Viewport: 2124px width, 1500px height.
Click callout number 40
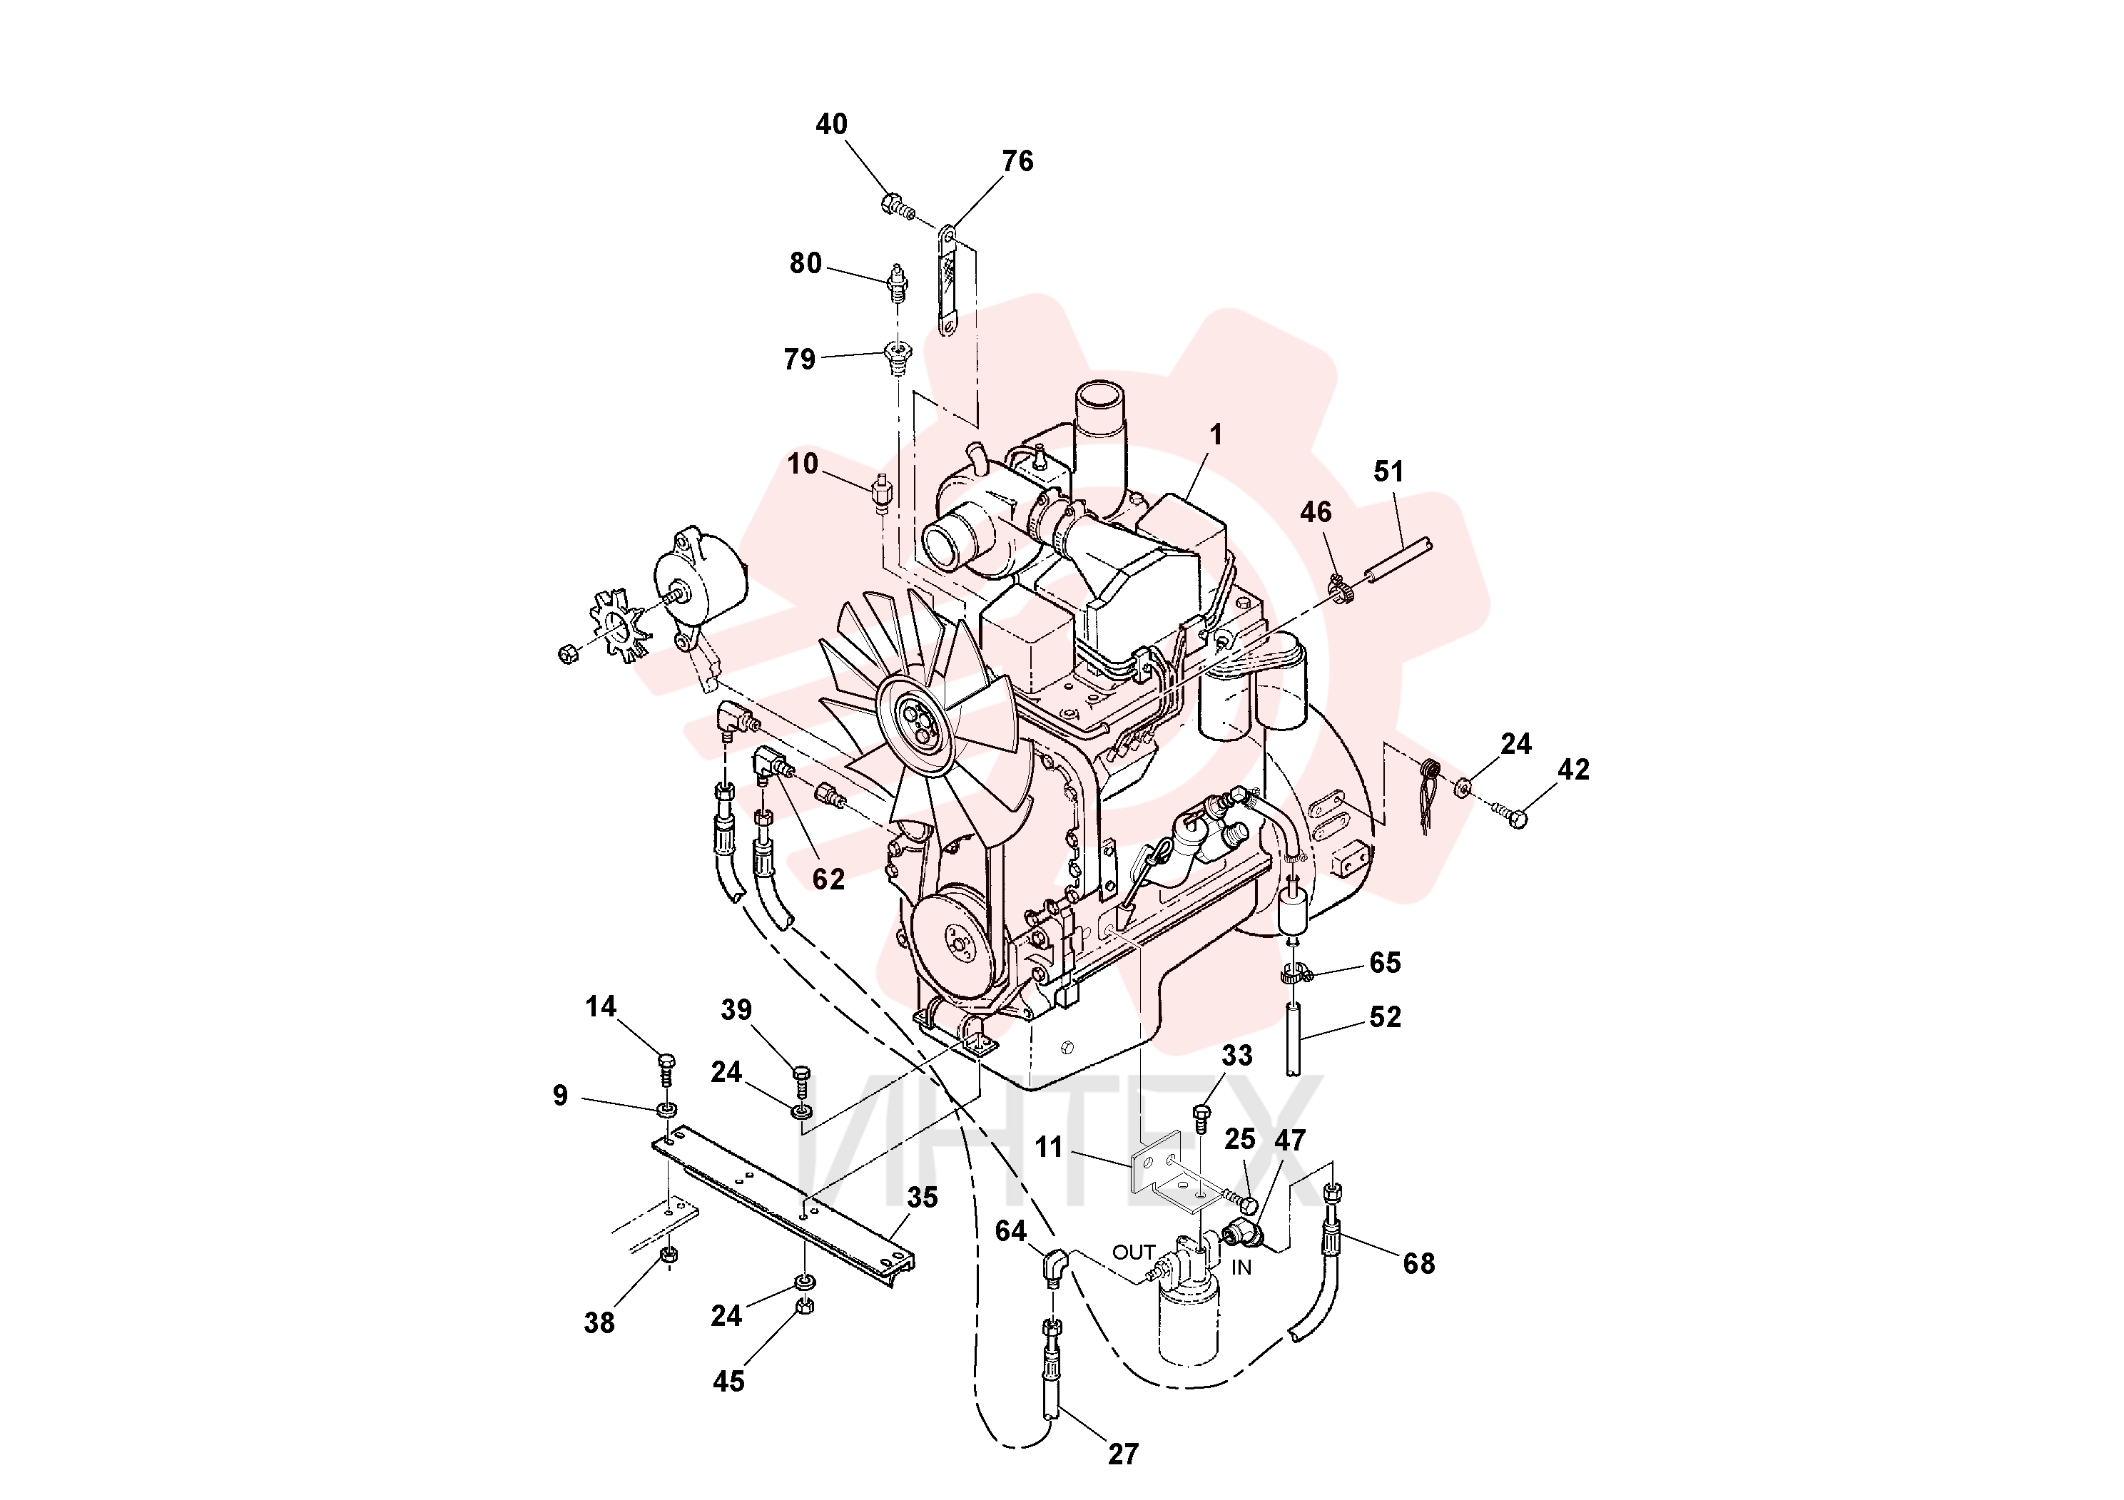click(830, 124)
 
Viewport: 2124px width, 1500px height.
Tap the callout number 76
click(1017, 161)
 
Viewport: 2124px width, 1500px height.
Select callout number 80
click(805, 264)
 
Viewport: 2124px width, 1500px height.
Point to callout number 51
click(1388, 471)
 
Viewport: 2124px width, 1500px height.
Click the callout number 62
click(828, 879)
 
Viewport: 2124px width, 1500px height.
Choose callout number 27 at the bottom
click(1123, 1454)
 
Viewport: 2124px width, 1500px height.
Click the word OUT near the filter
click(1133, 1252)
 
